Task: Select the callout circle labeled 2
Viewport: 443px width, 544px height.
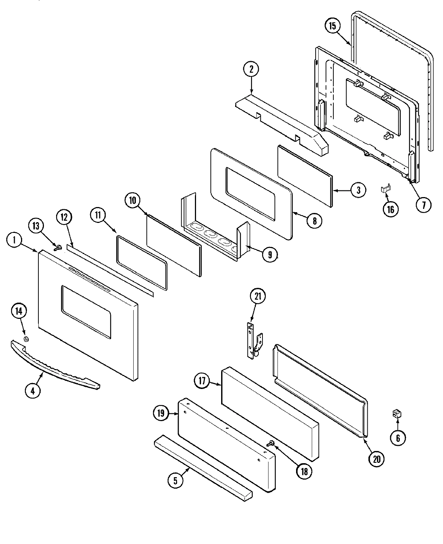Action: coord(251,69)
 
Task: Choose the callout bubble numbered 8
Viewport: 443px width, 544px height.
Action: coord(314,221)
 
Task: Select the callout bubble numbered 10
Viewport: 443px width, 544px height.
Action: coord(133,200)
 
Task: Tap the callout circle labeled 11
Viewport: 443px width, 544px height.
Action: coord(99,216)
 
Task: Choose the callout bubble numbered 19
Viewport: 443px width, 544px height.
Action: coord(161,413)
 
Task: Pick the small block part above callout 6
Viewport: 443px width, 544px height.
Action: coord(397,414)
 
